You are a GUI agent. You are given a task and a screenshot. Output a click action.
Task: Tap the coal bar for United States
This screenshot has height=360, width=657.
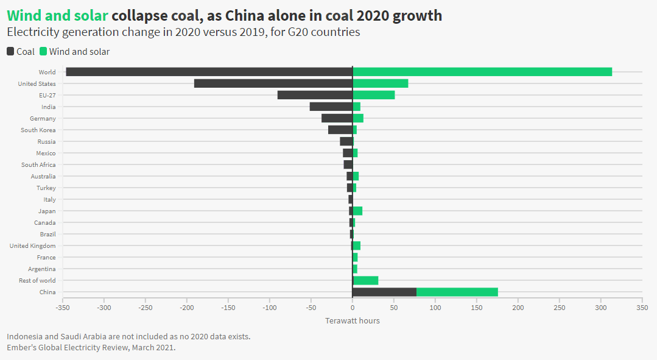tap(273, 83)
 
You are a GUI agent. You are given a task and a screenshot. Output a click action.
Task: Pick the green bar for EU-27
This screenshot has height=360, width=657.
tap(374, 95)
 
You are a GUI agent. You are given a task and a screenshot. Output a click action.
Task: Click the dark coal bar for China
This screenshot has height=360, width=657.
tap(384, 292)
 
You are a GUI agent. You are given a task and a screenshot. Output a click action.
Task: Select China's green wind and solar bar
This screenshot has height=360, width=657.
tap(457, 292)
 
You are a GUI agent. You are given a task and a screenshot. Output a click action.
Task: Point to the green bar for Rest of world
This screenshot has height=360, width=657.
tap(366, 281)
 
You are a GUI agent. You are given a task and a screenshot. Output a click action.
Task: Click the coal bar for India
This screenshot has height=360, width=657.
tap(331, 107)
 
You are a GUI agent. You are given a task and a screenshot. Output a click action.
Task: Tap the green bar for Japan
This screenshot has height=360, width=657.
tap(358, 211)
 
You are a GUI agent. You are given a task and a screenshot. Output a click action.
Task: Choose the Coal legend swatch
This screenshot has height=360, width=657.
tap(10, 52)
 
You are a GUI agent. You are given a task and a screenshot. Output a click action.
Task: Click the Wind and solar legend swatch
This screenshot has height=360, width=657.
tap(43, 52)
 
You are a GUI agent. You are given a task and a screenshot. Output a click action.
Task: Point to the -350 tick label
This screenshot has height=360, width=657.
tap(62, 308)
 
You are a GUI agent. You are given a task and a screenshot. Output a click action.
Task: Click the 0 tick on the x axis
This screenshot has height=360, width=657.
tap(353, 308)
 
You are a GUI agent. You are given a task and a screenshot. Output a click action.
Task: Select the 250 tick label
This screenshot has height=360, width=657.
tap(560, 308)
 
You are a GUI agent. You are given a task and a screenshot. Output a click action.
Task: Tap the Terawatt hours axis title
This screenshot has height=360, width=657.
tap(353, 320)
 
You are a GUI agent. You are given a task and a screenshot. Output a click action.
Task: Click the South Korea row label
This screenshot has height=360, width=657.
tap(38, 130)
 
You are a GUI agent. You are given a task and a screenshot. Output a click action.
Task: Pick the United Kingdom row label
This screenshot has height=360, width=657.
tap(32, 246)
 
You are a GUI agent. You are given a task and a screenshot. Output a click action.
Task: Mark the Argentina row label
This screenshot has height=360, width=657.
tap(41, 269)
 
